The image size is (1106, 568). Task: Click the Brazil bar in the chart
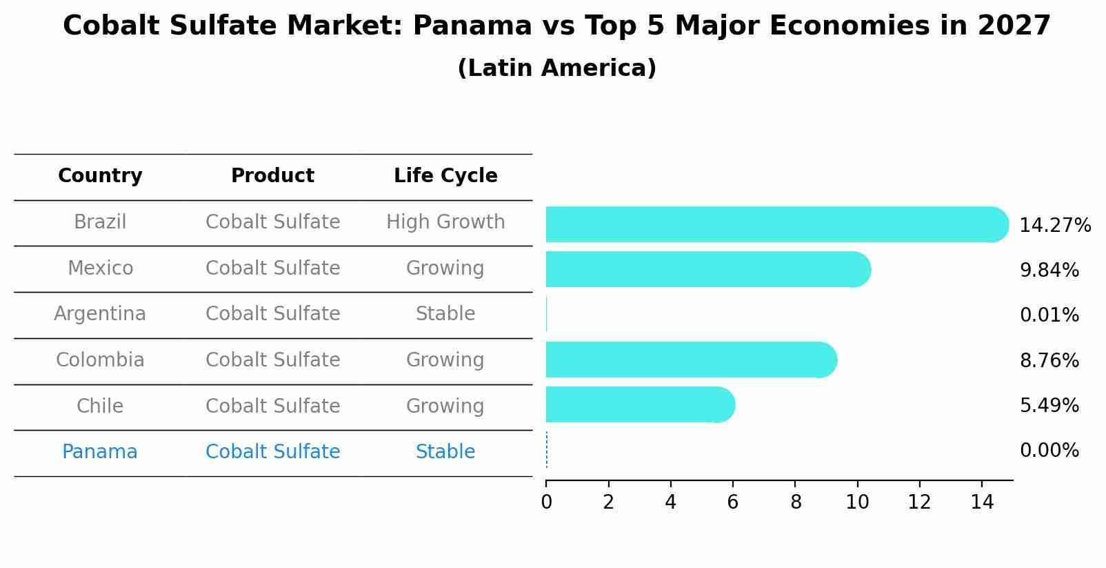pos(776,224)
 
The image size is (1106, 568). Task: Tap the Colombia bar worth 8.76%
pos(691,360)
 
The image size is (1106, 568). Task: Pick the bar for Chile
pos(640,404)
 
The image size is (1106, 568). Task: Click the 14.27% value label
pos(1054,226)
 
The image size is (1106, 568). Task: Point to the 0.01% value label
pos(1049,315)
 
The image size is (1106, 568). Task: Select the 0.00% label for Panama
pos(1049,451)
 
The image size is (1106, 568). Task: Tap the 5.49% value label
pos(1049,405)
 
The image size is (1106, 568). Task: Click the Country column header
pos(100,176)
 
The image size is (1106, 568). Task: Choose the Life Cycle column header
pos(445,176)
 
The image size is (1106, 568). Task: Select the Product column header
pos(272,176)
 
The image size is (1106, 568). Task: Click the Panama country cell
pos(100,452)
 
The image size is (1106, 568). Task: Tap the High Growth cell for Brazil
pos(445,222)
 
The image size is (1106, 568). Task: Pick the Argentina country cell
pos(100,314)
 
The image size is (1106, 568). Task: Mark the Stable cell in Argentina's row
pos(445,314)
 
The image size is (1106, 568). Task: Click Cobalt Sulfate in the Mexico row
pos(272,268)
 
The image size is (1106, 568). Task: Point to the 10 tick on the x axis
pos(857,502)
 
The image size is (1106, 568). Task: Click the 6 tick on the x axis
pos(732,502)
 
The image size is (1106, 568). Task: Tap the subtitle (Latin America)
pos(556,68)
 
